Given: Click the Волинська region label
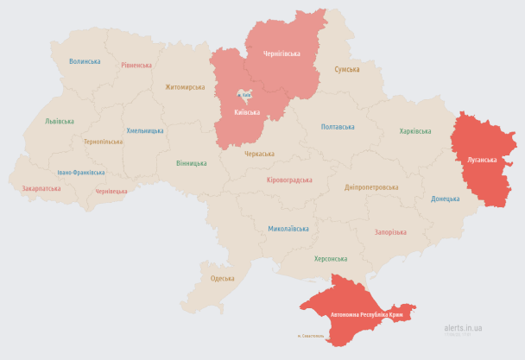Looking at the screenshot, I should coord(85,61).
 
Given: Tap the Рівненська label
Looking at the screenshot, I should coord(136,65).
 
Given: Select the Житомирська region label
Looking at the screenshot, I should coord(185,86).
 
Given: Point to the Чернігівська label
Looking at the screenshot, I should coord(281,54).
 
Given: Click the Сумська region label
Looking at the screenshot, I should coord(347,68).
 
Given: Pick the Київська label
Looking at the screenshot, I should coord(249,112).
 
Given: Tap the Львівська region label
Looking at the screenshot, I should coord(60,121).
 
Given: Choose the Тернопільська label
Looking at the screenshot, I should coord(103,141).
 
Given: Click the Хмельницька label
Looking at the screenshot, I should coord(145,130).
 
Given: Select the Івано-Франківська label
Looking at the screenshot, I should coord(76,172).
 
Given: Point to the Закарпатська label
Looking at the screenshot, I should coord(41,187).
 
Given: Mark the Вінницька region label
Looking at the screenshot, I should coord(191,162).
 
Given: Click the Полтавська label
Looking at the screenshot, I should coord(338,127).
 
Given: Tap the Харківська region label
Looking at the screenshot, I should coord(414,131).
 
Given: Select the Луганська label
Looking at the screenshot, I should coord(482,160).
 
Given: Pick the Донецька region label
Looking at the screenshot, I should coord(446,199).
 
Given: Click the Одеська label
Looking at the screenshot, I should coord(223,277).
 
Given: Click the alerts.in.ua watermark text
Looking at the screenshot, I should coord(463,328).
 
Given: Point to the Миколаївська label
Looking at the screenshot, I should coord(288,229).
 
